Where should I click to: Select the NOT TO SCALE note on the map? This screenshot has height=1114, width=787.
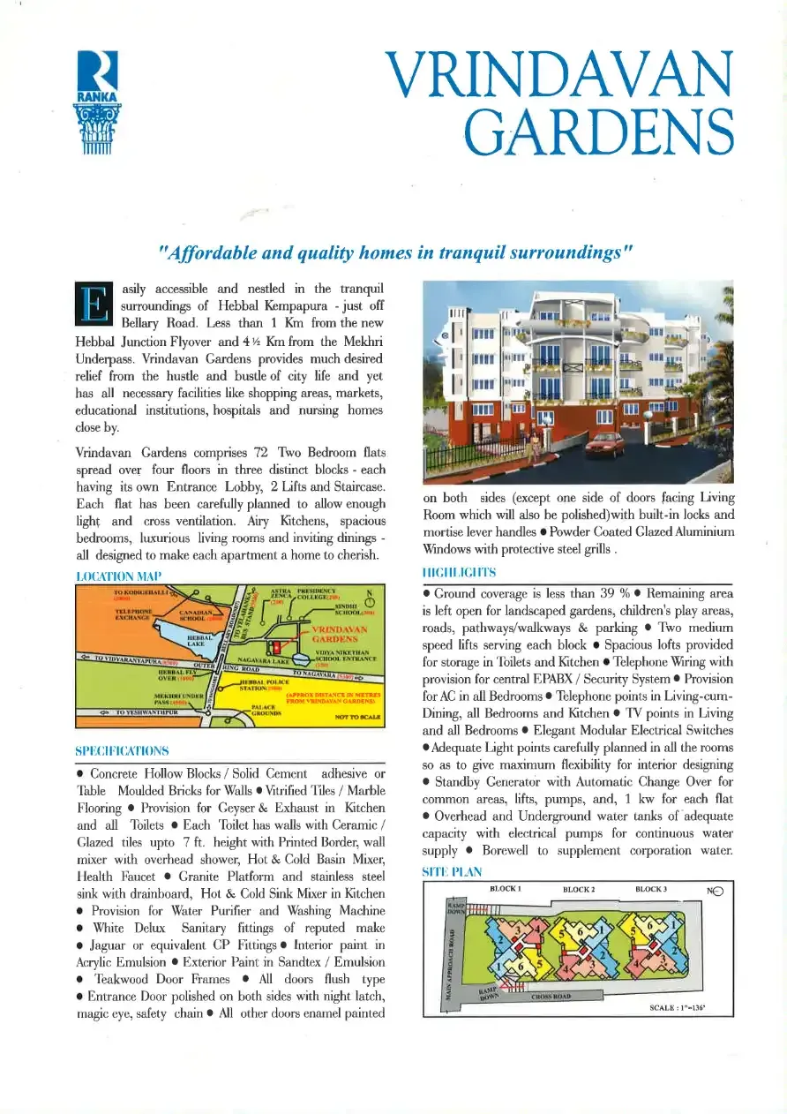click(357, 718)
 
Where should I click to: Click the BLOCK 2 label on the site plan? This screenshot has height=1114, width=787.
click(579, 889)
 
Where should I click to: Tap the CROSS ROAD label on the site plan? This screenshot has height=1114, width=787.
click(551, 997)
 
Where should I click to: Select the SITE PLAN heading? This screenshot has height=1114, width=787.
click(453, 872)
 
